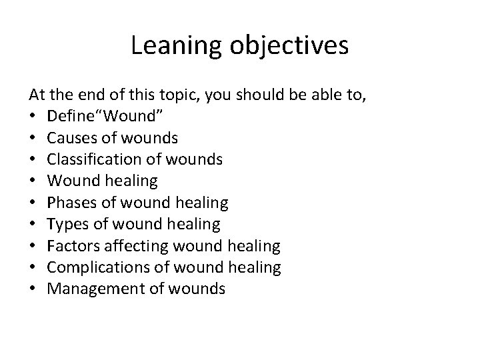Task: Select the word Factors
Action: click(x=71, y=246)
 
